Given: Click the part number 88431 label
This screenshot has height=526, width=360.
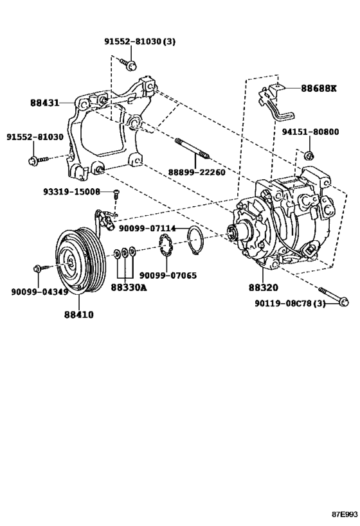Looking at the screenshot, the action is (x=44, y=103).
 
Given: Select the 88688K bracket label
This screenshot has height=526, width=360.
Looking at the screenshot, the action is (x=318, y=88).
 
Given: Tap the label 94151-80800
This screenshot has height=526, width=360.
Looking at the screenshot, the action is (x=310, y=132).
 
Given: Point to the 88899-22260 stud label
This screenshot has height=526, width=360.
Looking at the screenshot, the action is (x=197, y=171).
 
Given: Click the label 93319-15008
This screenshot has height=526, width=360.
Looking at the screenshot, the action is (x=71, y=191).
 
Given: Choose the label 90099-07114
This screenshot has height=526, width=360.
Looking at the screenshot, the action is (x=147, y=229).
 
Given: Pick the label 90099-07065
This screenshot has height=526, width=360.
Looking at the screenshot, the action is (x=168, y=276).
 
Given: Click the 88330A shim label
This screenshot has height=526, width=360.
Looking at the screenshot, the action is (x=129, y=288).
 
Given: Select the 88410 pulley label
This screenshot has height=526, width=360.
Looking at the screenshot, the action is (x=79, y=315).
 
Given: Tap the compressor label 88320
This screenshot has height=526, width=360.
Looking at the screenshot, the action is (x=264, y=288).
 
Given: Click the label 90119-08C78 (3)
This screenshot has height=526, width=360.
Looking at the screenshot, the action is (x=290, y=304).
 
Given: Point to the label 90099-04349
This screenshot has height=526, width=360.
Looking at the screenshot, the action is (x=40, y=292).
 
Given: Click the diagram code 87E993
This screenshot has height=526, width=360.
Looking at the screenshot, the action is (x=345, y=514).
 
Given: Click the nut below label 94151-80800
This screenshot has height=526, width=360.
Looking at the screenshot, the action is (x=309, y=155).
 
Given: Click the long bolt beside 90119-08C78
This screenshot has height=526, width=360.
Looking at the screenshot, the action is (x=334, y=296).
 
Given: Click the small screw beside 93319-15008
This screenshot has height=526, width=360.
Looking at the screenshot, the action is (x=116, y=194).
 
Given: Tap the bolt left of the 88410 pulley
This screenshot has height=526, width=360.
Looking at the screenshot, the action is (x=40, y=268).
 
